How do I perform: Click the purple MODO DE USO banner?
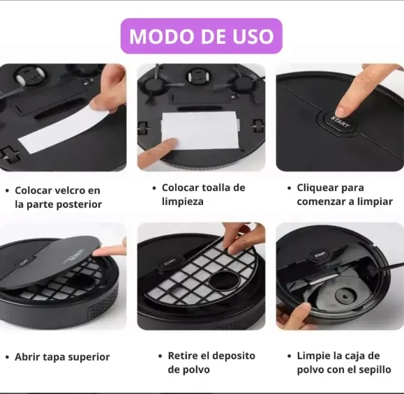point(201,36)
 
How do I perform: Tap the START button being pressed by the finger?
point(339,122)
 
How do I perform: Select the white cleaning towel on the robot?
point(200,130)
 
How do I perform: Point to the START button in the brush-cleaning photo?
point(320,255)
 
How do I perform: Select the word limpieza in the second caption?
point(183,202)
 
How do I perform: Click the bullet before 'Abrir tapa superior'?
point(7,358)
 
